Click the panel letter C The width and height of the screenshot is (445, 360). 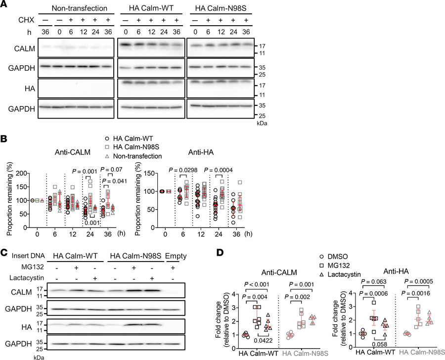5,254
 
